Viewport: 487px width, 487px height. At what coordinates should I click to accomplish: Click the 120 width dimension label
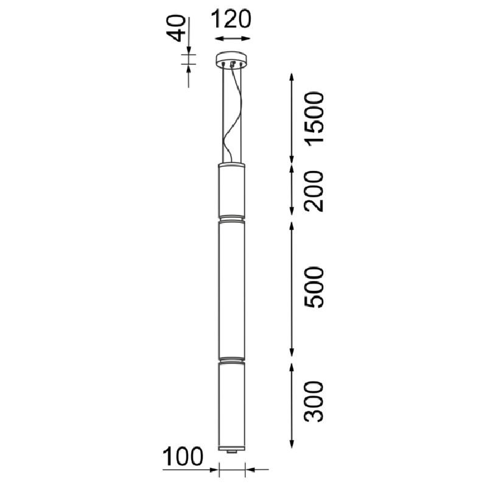tap(231, 19)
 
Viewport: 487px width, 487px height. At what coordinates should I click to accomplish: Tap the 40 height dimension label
tap(176, 28)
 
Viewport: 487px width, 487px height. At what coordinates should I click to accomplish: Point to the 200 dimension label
tap(314, 191)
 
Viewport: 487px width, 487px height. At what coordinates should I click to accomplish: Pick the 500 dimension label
tap(314, 287)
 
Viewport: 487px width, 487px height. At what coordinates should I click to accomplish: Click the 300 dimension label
tap(314, 402)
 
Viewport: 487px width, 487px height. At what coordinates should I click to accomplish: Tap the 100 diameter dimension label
tap(183, 457)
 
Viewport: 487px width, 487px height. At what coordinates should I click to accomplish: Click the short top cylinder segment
tap(232, 190)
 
